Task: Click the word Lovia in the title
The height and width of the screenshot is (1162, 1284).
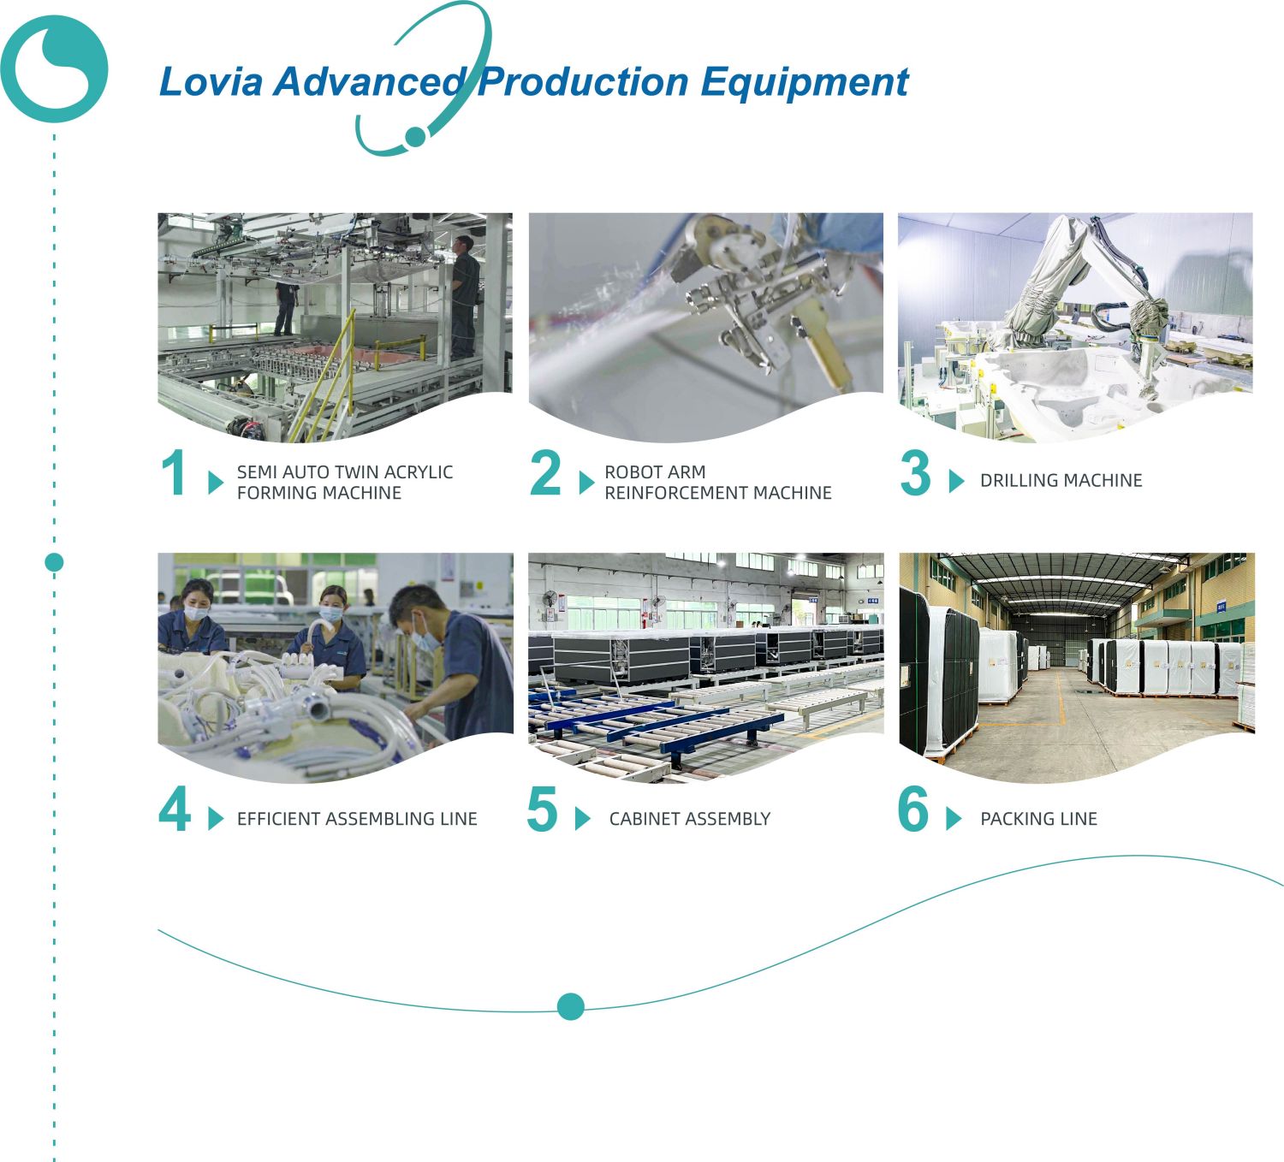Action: [x=211, y=82]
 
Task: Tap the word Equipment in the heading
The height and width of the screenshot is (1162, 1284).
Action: [x=805, y=83]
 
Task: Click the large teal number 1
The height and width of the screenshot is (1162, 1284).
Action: [x=174, y=473]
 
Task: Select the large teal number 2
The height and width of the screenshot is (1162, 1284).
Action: [x=545, y=473]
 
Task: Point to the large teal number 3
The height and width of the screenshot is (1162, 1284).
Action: [x=915, y=473]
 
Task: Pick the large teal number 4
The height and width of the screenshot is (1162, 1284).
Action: [x=175, y=809]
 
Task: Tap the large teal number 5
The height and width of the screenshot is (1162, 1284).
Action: [x=542, y=809]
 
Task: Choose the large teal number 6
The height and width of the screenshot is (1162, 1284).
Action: [x=913, y=809]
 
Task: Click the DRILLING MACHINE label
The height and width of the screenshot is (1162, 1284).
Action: [x=1061, y=481]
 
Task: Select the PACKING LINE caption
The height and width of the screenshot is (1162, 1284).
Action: [x=1039, y=819]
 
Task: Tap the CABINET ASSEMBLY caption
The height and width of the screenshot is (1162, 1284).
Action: [x=690, y=819]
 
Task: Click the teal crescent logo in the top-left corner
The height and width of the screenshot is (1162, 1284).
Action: [x=55, y=69]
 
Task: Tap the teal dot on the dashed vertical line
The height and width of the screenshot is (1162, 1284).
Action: [x=55, y=562]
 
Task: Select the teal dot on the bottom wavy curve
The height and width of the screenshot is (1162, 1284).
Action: [x=571, y=1006]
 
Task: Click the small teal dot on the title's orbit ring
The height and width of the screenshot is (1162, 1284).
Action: [x=416, y=136]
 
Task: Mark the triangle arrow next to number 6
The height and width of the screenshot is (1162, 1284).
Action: [x=954, y=818]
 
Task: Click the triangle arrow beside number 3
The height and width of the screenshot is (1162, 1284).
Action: [x=956, y=481]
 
